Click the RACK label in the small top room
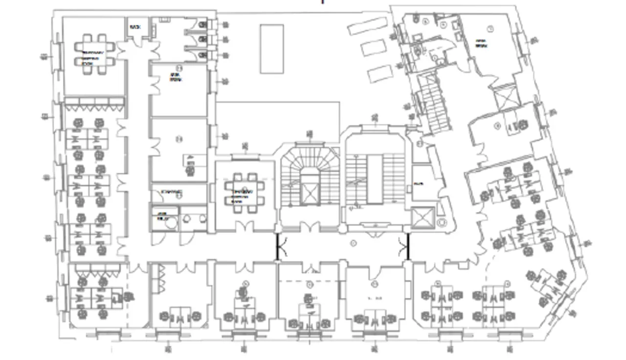pos(135,27)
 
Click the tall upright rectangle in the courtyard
pos(272,48)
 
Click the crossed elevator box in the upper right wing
pos(505,96)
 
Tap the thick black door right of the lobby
pos(405,246)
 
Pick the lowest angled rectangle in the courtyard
pos(380,74)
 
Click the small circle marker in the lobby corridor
pos(353,243)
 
